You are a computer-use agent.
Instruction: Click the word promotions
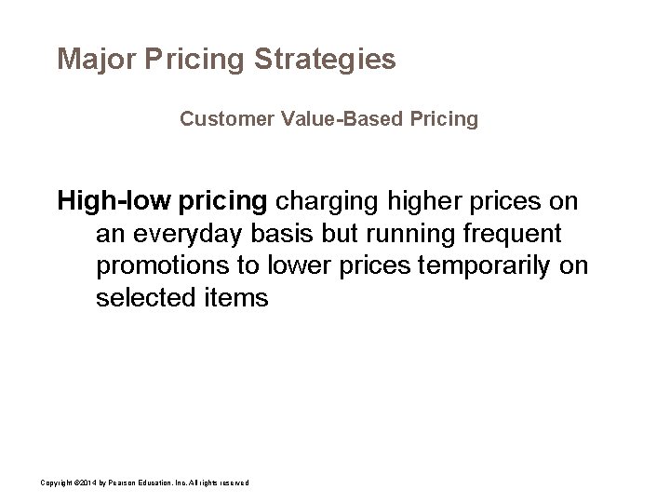[x=165, y=266]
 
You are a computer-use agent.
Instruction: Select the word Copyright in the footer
[x=55, y=481]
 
